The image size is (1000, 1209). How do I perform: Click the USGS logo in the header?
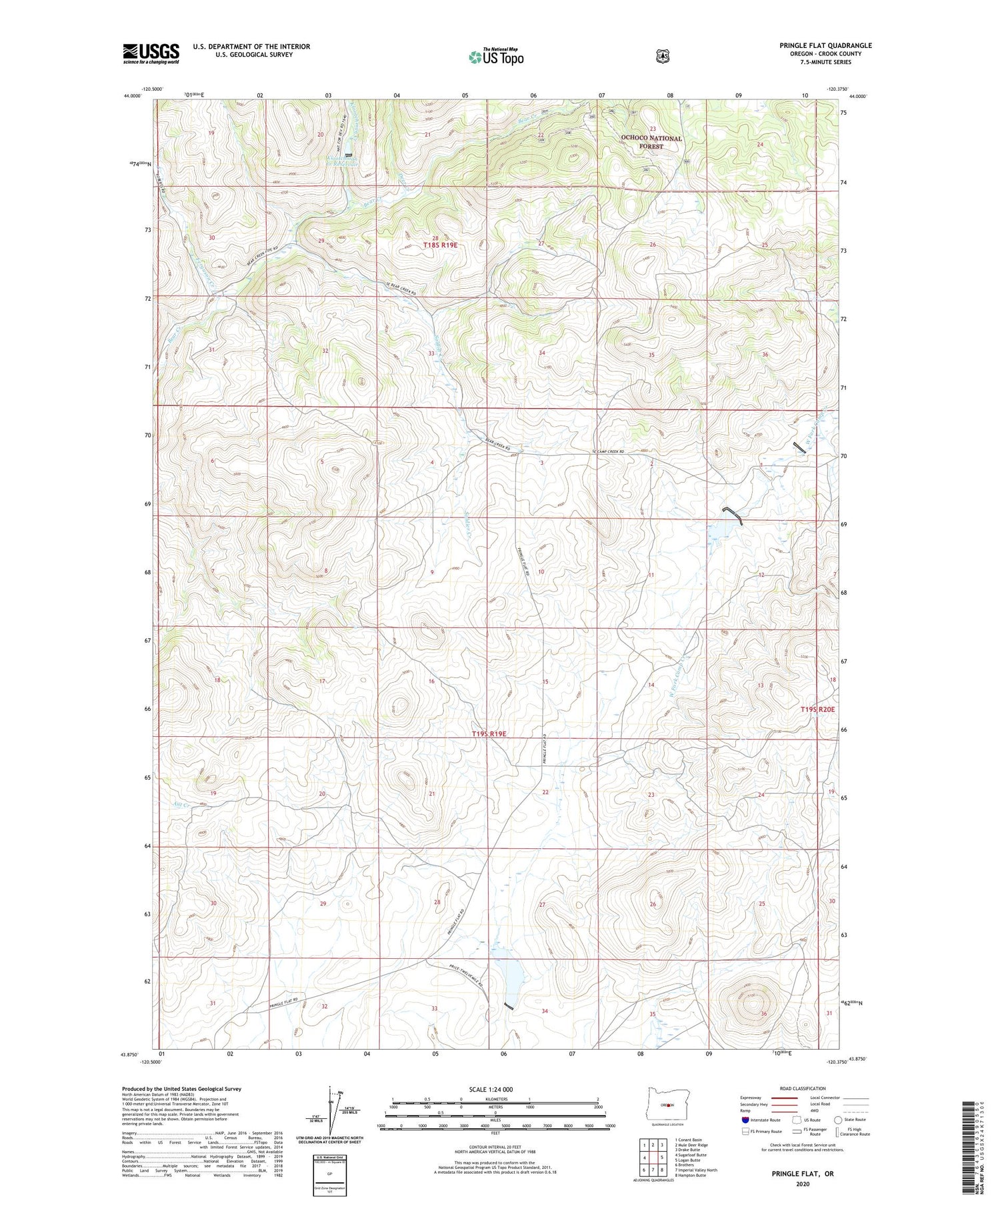[x=151, y=53]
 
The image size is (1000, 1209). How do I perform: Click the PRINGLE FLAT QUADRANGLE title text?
[x=825, y=45]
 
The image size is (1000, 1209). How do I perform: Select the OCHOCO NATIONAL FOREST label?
[x=651, y=142]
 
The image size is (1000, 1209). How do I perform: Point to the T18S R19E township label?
[x=440, y=245]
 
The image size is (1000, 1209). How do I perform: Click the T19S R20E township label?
[x=817, y=710]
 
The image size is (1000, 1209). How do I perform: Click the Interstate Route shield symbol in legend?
[x=745, y=1120]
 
